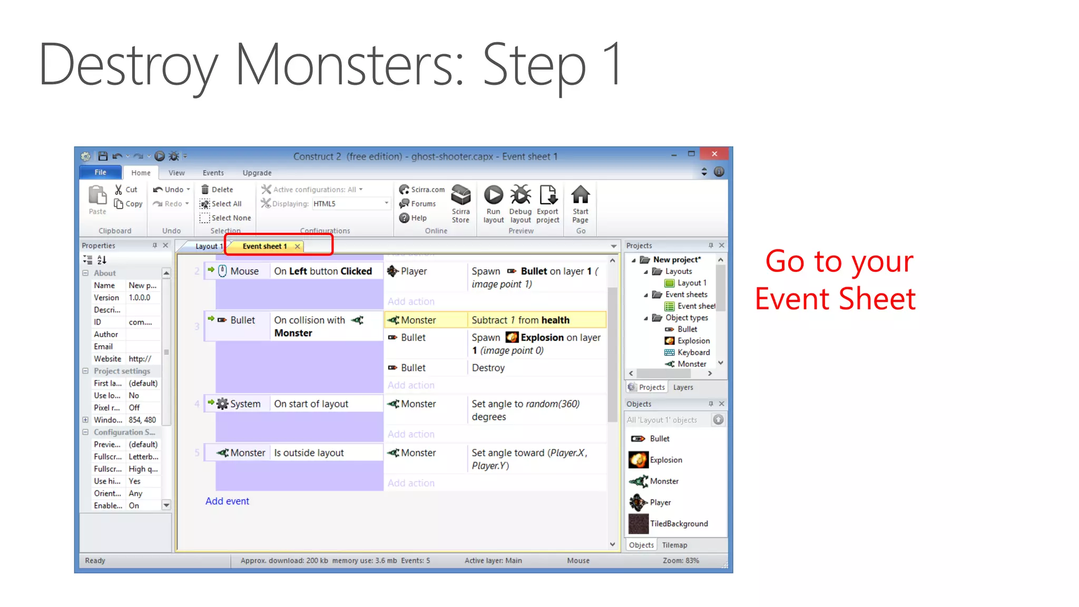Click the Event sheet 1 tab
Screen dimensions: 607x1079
[264, 246]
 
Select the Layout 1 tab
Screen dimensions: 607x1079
[207, 246]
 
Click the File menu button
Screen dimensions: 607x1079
[100, 172]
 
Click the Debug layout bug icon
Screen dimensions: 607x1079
[521, 195]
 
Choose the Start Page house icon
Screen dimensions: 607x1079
[580, 195]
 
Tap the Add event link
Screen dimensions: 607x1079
[227, 501]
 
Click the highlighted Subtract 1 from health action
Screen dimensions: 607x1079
[521, 320]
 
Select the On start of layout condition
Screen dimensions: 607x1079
[311, 404]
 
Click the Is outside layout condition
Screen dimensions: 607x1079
[309, 453]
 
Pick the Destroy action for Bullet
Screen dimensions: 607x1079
[488, 368]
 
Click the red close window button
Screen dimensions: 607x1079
[714, 154]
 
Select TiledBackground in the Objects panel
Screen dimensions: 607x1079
[679, 524]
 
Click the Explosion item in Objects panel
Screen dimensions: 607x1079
[666, 460]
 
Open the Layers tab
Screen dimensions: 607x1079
[683, 387]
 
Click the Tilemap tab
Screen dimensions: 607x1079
[674, 545]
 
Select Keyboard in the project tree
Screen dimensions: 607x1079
[693, 353]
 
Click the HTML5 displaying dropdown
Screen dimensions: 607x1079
[351, 204]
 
